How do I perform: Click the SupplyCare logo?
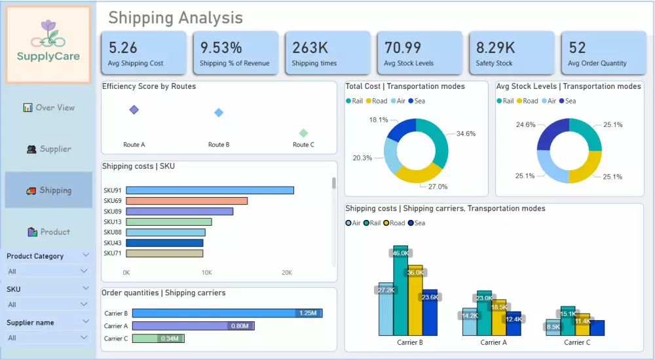(48, 45)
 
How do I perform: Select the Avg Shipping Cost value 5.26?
(123, 48)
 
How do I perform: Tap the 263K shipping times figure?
(310, 48)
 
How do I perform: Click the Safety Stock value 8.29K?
(495, 48)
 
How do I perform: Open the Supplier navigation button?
(48, 149)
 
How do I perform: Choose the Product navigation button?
(48, 232)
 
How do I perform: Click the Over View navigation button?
(48, 107)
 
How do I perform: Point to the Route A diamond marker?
(134, 110)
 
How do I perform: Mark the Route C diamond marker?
(303, 133)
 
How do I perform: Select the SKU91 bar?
(210, 190)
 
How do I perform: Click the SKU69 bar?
(187, 201)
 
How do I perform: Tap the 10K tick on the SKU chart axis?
(207, 272)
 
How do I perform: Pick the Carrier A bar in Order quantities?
(193, 326)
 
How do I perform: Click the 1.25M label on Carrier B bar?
(308, 314)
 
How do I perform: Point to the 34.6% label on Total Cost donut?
(466, 134)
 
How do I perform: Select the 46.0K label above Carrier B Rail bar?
(400, 253)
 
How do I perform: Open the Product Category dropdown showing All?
(48, 271)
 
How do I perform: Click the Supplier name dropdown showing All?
(48, 338)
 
